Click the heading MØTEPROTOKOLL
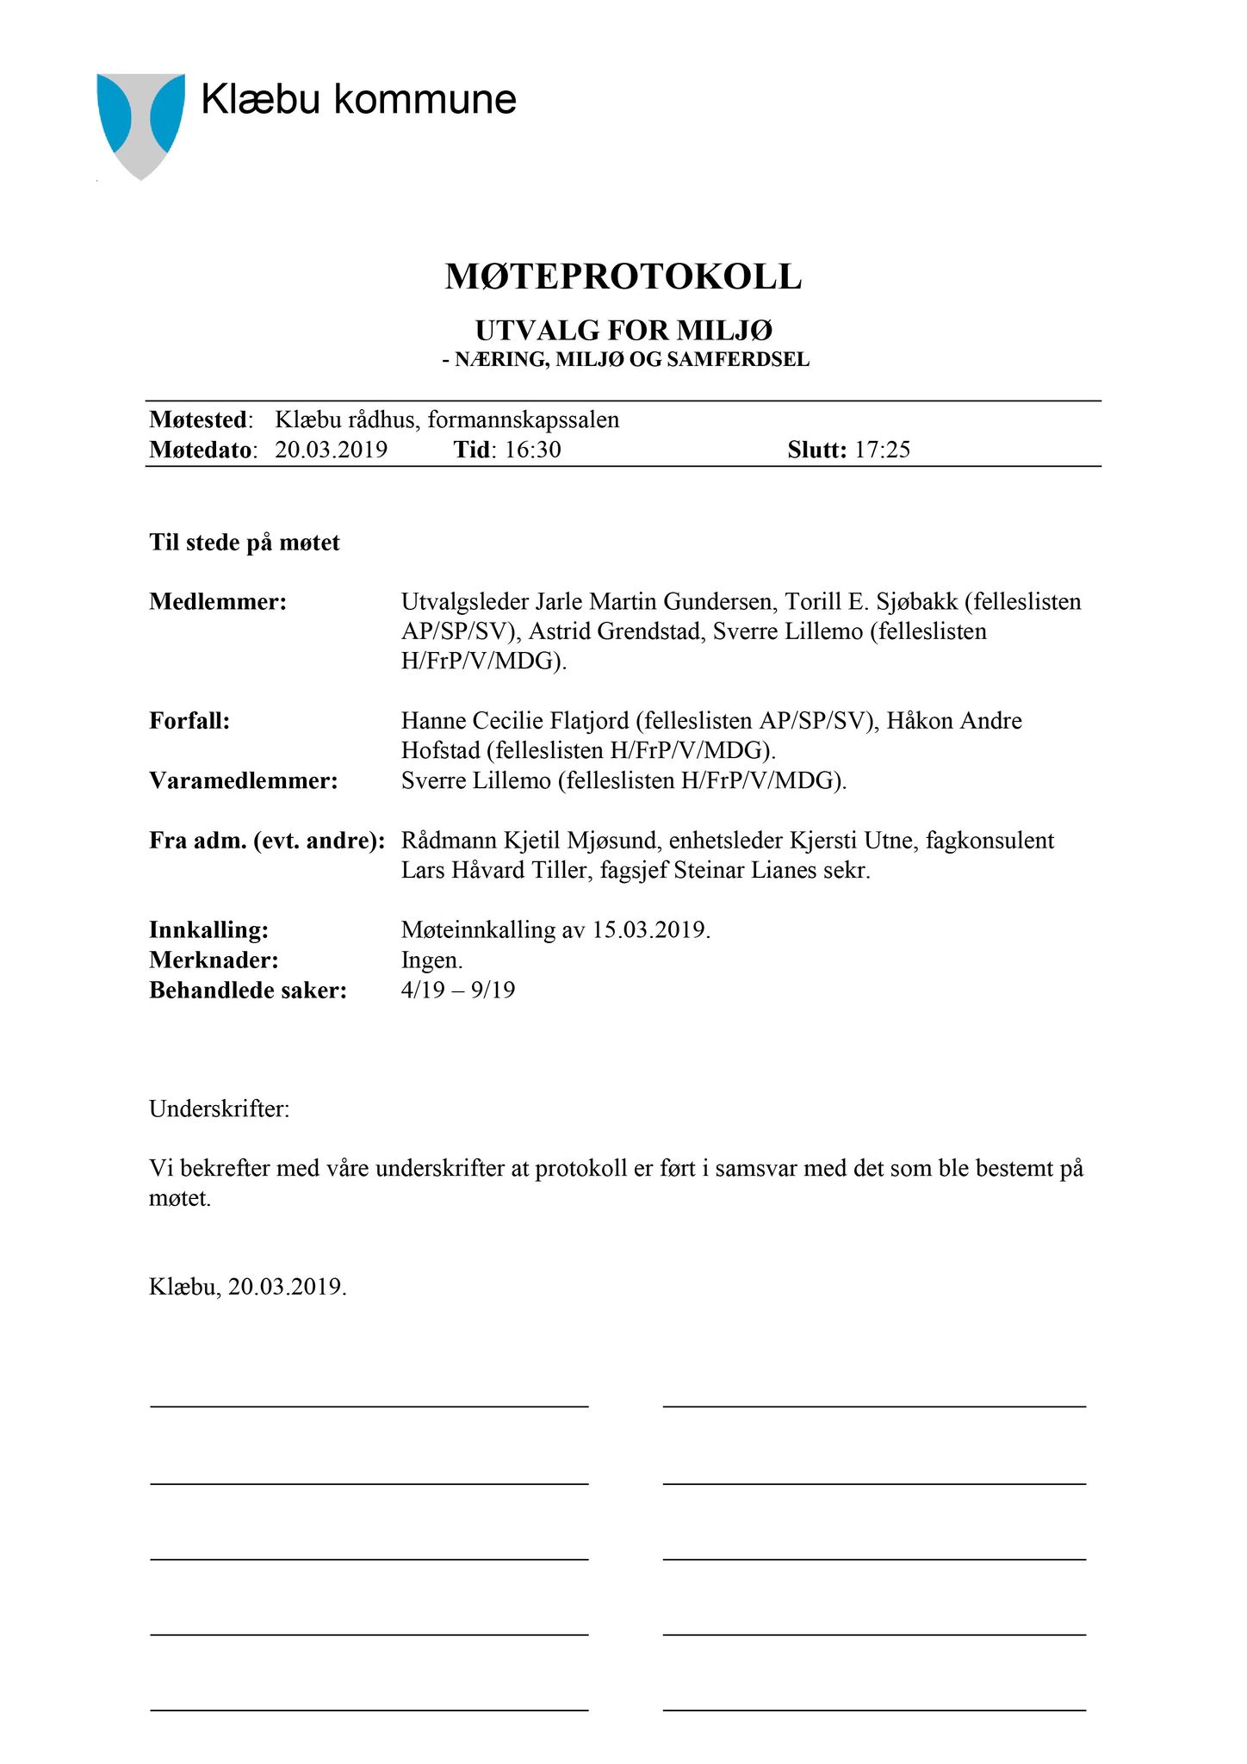pyautogui.click(x=623, y=277)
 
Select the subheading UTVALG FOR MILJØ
pyautogui.click(x=623, y=331)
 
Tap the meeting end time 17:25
pyautogui.click(x=882, y=450)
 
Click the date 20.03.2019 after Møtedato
pyautogui.click(x=331, y=450)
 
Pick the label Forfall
pyautogui.click(x=189, y=721)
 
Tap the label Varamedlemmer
pyautogui.click(x=243, y=781)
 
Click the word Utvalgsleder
pyautogui.click(x=464, y=602)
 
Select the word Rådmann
pyautogui.click(x=444, y=841)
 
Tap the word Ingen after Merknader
pyautogui.click(x=431, y=960)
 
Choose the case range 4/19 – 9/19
pyautogui.click(x=458, y=991)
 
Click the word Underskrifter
pyautogui.click(x=219, y=1109)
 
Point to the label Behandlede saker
pyautogui.click(x=247, y=991)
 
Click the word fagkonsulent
pyautogui.click(x=990, y=841)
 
